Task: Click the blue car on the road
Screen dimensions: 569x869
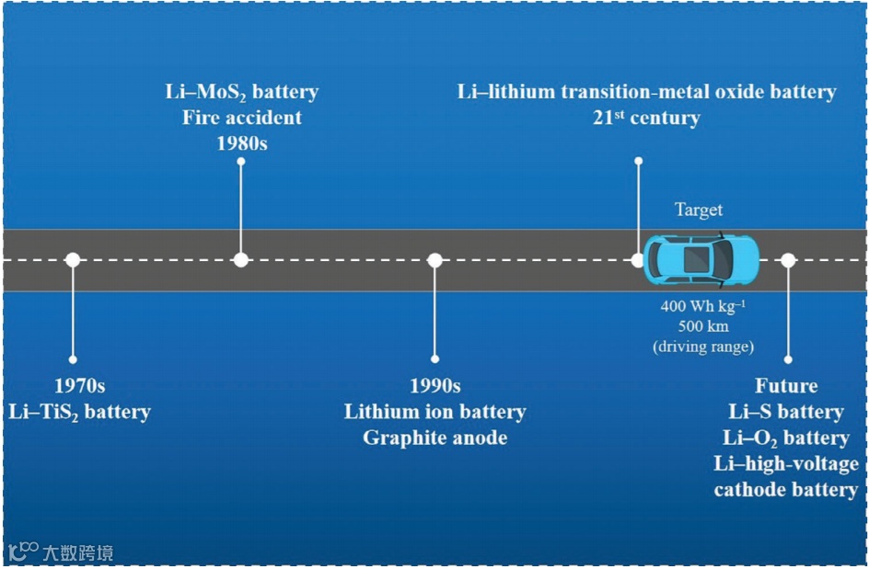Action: [701, 260]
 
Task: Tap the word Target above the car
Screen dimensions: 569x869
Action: [699, 211]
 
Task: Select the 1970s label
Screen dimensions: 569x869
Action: [79, 386]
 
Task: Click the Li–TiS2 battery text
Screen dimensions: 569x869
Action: [79, 412]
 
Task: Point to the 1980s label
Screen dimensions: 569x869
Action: [241, 143]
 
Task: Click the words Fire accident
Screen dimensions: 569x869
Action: [241, 118]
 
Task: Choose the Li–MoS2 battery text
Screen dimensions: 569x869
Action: [241, 92]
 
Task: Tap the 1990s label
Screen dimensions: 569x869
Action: [434, 386]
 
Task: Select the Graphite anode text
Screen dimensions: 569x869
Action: [434, 438]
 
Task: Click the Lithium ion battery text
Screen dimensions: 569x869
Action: [434, 412]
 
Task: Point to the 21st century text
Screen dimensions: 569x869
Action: [646, 118]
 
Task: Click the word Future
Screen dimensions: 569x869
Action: [786, 386]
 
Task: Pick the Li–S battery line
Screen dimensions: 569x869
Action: [786, 412]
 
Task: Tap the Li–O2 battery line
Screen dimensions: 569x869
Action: [786, 438]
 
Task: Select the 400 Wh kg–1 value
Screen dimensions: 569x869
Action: [703, 307]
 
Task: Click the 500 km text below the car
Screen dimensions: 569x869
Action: [703, 327]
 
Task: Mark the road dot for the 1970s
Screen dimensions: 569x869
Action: [73, 260]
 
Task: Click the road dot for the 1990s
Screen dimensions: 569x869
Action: [434, 260]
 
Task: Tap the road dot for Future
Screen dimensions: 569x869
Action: [788, 260]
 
